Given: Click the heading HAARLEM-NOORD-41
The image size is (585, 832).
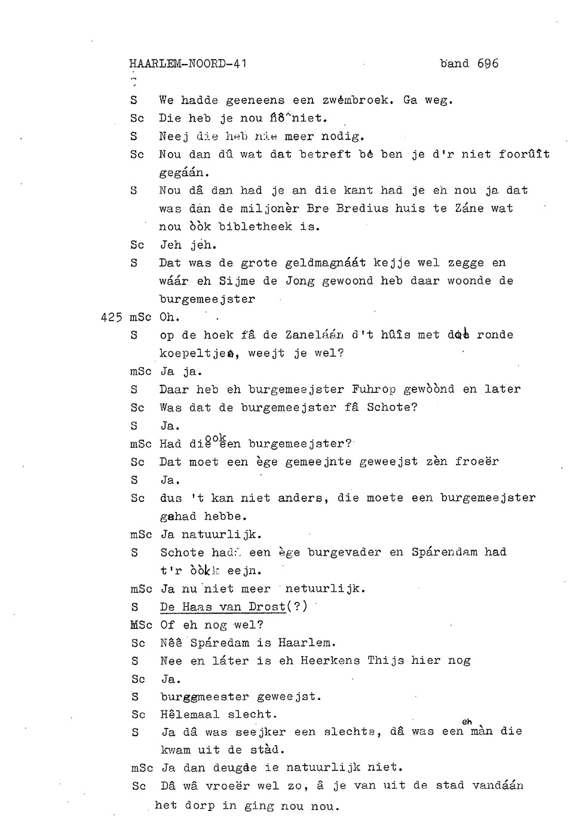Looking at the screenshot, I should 188,63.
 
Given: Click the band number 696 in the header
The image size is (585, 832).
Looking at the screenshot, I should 488,63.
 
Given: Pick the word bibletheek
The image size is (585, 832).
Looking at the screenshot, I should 255,227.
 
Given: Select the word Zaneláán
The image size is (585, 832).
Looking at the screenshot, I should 314,335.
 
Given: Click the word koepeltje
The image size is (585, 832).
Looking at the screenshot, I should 193,353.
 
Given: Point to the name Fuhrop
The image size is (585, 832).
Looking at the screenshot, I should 373,389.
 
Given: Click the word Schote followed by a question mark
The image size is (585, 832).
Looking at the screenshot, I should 391,408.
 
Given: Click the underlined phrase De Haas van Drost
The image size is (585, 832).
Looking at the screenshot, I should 223,607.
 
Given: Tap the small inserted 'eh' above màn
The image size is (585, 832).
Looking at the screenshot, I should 467,722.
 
